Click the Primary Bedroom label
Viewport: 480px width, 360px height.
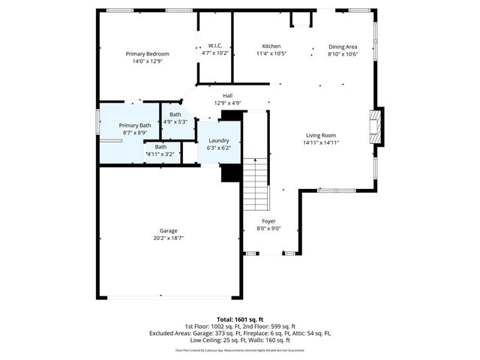coord(147,54)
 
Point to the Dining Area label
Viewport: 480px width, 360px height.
coord(343,46)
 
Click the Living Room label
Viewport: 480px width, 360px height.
coord(321,135)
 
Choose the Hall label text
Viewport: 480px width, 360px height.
coord(227,95)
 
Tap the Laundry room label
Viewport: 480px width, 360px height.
coord(218,140)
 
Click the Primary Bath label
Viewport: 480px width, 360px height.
coord(135,125)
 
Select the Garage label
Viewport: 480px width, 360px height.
coord(168,230)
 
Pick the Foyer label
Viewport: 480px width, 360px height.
coord(268,221)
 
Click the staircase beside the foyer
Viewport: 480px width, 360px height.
coord(256,184)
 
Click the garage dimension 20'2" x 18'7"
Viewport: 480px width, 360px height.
coord(168,238)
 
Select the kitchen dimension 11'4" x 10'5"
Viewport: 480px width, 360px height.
coord(271,54)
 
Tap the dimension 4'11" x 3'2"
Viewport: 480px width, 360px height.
coord(160,154)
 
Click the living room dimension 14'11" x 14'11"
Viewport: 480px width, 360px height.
coord(321,142)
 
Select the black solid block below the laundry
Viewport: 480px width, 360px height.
coord(230,172)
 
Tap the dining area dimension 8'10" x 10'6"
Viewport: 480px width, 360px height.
coord(343,54)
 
